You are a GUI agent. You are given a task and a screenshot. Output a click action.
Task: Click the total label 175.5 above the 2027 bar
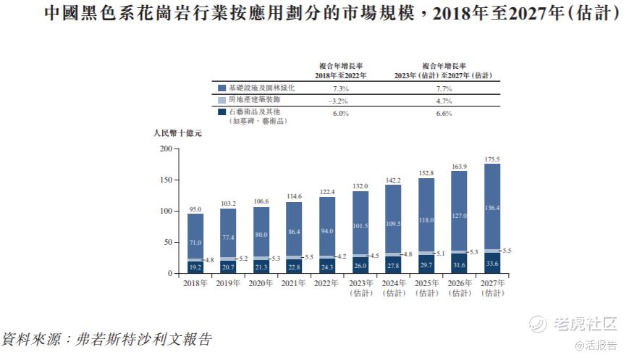[x=492, y=159]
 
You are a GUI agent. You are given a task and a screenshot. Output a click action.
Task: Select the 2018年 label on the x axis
[x=190, y=283]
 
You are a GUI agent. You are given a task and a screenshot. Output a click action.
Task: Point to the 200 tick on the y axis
[x=166, y=148]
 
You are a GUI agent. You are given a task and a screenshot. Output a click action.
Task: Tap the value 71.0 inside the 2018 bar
[x=190, y=243]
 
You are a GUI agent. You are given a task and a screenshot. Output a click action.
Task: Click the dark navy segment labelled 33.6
[x=492, y=264]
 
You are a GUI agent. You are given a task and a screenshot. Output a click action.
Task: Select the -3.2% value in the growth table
[x=339, y=101]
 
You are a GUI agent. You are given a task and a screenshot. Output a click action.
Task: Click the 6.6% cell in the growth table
[x=444, y=114]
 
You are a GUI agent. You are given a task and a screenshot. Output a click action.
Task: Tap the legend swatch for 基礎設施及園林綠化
[x=221, y=88]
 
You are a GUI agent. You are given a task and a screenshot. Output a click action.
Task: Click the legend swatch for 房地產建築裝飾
[x=221, y=100]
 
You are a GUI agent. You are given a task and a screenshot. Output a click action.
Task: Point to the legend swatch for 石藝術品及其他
[x=221, y=112]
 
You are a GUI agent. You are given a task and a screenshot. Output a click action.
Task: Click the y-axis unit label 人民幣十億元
[x=177, y=134]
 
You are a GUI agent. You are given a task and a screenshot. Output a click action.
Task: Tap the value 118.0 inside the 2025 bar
[x=426, y=220]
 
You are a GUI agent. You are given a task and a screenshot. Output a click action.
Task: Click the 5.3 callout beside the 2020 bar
[x=275, y=259]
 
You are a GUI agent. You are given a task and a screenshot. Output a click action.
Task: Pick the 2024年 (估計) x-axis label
[x=392, y=288]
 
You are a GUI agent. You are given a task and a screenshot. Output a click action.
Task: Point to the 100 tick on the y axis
[x=166, y=212]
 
